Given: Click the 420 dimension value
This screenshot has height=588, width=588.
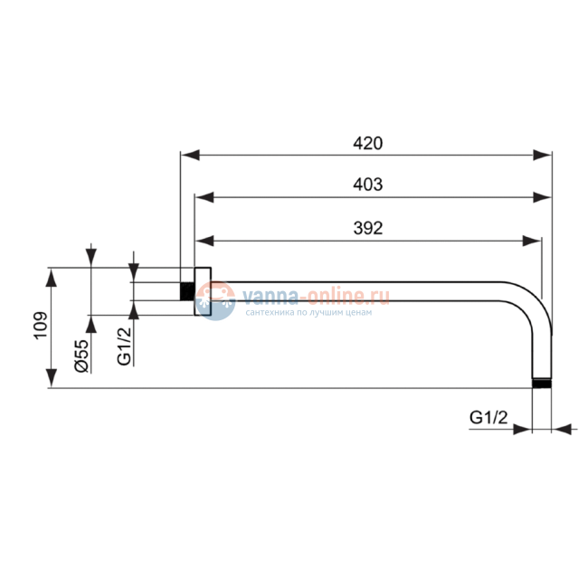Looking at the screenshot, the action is click(368, 143).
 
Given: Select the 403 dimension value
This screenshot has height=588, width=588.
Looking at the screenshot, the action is click(368, 185).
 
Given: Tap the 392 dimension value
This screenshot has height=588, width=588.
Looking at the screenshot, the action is click(368, 228).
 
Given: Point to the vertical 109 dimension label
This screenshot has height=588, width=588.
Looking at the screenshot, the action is click(41, 326).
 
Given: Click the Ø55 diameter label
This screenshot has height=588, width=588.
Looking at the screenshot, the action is click(82, 356).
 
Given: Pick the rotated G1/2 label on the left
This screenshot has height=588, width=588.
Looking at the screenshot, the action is click(125, 346).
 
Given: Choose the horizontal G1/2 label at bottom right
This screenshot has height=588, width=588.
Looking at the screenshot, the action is click(488, 417).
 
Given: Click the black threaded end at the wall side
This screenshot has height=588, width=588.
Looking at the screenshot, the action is click(187, 291).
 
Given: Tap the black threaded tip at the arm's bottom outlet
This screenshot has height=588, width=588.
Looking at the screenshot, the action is click(542, 384).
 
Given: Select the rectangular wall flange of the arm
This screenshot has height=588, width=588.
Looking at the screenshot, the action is click(203, 291).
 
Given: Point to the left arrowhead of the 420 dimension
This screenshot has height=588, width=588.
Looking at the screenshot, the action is click(190, 155).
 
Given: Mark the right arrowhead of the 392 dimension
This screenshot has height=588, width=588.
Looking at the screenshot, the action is click(532, 241).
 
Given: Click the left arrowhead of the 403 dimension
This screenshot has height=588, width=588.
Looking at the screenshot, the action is click(204, 197).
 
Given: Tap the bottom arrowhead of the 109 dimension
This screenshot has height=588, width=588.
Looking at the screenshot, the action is click(52, 378).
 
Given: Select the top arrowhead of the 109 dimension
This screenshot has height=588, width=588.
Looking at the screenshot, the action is click(52, 278).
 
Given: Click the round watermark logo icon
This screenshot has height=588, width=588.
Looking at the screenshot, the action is click(215, 300).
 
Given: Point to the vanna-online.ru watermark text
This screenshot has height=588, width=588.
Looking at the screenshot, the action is click(316, 296).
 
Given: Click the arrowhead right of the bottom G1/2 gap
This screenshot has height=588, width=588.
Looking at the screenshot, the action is click(562, 430).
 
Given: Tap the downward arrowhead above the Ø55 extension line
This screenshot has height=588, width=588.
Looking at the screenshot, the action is click(91, 258).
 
